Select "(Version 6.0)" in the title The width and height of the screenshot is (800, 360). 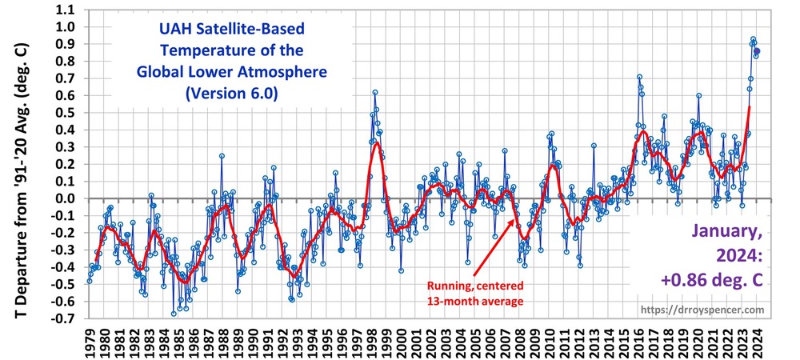click(225, 93)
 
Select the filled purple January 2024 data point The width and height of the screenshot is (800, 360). click(757, 51)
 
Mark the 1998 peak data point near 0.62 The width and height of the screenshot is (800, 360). click(374, 93)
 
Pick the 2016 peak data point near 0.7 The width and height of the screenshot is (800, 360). click(639, 78)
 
